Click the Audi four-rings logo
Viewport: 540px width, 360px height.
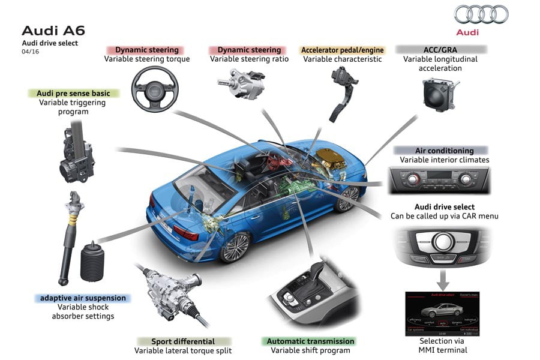(481, 14)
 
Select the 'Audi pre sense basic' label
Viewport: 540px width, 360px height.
(74, 93)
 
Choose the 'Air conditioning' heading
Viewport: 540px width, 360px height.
(444, 151)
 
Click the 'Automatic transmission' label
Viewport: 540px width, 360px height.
(310, 341)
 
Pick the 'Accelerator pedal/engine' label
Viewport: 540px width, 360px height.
(342, 50)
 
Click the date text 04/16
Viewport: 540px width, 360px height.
(30, 52)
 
